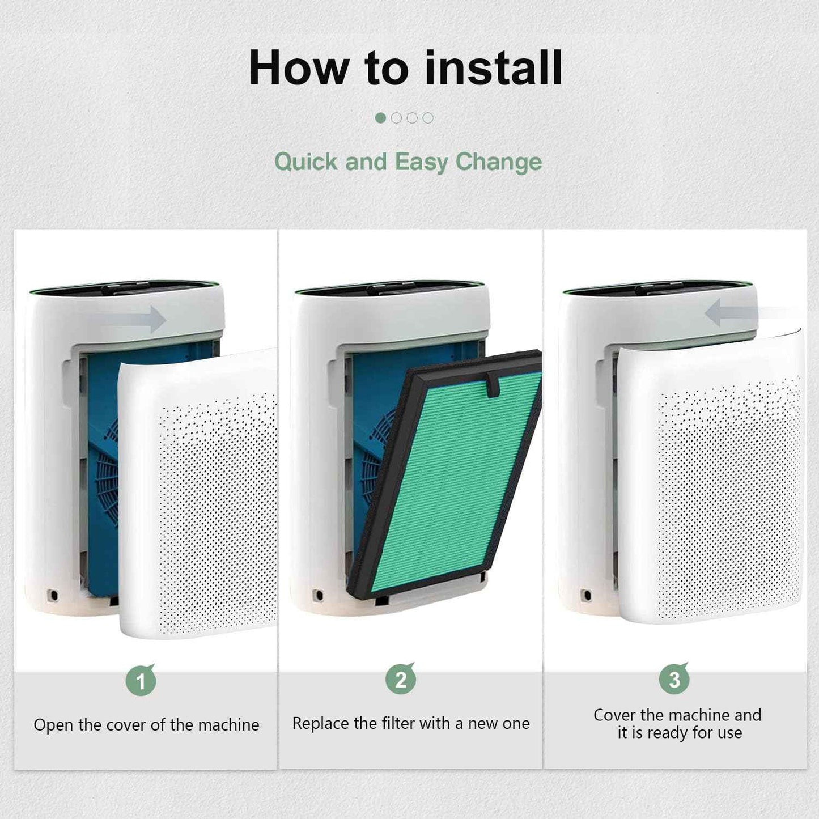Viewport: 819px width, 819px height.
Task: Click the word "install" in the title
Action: tap(494, 68)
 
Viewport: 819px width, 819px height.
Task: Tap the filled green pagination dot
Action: tap(380, 118)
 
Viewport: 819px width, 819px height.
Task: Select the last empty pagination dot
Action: tap(428, 118)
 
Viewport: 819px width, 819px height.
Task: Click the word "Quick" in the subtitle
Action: tap(306, 162)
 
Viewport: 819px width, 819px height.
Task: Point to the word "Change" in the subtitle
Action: tap(499, 162)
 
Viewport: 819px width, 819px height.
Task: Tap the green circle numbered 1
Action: tap(141, 681)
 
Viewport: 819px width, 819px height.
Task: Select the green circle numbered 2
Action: tap(401, 679)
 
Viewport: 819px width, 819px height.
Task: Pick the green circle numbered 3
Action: tap(674, 679)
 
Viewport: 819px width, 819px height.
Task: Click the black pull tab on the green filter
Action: tap(493, 385)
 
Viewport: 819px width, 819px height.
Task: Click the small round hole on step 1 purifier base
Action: tap(53, 596)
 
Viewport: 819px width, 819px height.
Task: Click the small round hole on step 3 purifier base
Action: tap(587, 596)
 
